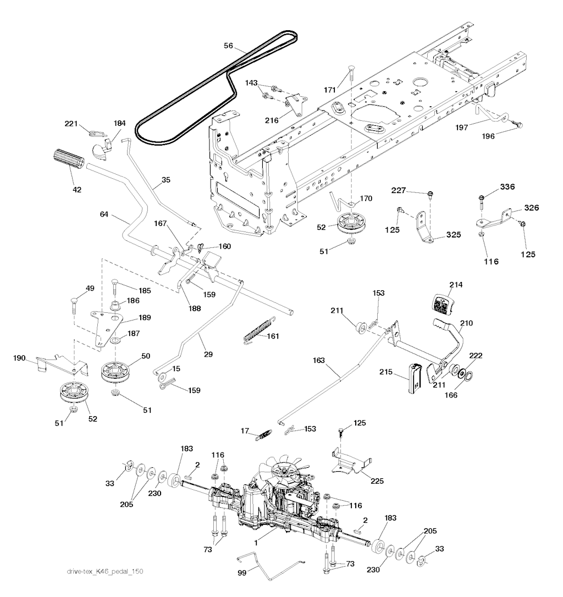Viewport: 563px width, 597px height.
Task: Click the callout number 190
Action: [20, 358]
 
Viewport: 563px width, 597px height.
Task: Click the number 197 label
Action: [462, 128]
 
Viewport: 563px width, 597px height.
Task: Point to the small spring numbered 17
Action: [263, 435]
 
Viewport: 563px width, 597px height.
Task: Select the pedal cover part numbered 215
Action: [414, 378]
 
